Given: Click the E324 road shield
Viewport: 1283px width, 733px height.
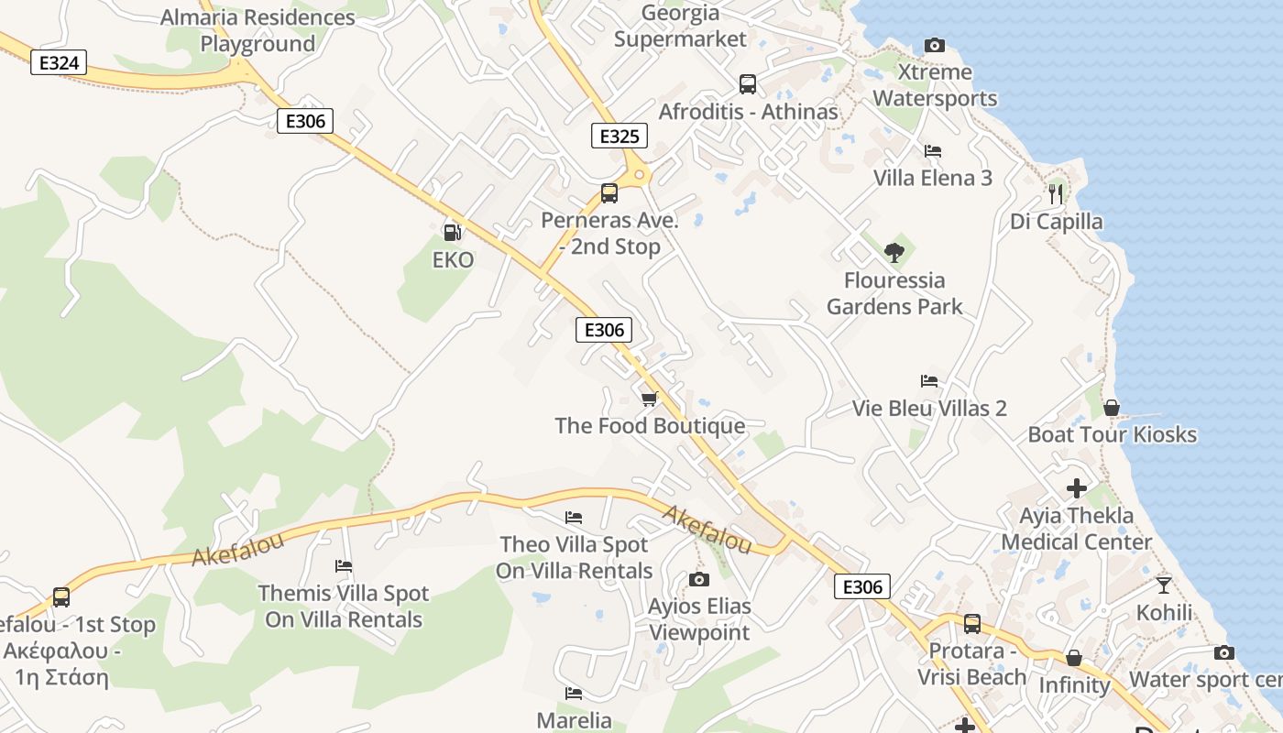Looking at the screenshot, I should tap(59, 62).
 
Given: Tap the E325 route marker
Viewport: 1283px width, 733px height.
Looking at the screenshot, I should tap(619, 137).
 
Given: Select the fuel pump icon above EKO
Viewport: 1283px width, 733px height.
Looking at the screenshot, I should tap(452, 233).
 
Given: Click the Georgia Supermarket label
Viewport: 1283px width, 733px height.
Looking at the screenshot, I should tap(680, 27).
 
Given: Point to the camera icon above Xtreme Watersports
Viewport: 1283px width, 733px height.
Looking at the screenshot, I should tap(935, 45).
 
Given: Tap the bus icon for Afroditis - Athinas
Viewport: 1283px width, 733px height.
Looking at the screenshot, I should tap(748, 84).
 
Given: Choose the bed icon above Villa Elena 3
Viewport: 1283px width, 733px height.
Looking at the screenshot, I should tap(933, 150).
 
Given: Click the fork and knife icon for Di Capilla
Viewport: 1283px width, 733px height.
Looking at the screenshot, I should tap(1056, 193).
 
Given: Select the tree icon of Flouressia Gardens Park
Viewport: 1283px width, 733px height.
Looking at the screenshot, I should tap(894, 252).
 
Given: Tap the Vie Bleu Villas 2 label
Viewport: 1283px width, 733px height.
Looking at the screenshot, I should tap(929, 408).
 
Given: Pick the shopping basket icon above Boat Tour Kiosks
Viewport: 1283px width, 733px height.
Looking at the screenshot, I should tap(1112, 407).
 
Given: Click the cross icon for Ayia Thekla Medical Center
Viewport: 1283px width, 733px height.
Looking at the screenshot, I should tap(1077, 488).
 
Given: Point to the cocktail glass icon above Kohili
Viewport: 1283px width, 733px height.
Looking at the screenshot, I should tap(1164, 585).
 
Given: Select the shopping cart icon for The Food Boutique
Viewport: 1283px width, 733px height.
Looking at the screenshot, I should tap(650, 399).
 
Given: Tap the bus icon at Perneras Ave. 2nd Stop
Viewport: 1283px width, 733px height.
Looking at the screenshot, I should tap(609, 193).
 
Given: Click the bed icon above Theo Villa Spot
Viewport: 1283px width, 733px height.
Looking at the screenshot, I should tap(574, 518).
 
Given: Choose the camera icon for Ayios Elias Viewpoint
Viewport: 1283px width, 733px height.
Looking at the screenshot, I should tap(699, 579).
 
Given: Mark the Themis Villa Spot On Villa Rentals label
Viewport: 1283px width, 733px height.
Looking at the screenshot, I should tap(344, 607).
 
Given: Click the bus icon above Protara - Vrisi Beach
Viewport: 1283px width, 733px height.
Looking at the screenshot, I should tap(972, 624).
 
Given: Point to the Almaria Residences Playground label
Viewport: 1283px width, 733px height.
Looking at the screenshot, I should tap(258, 30).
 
